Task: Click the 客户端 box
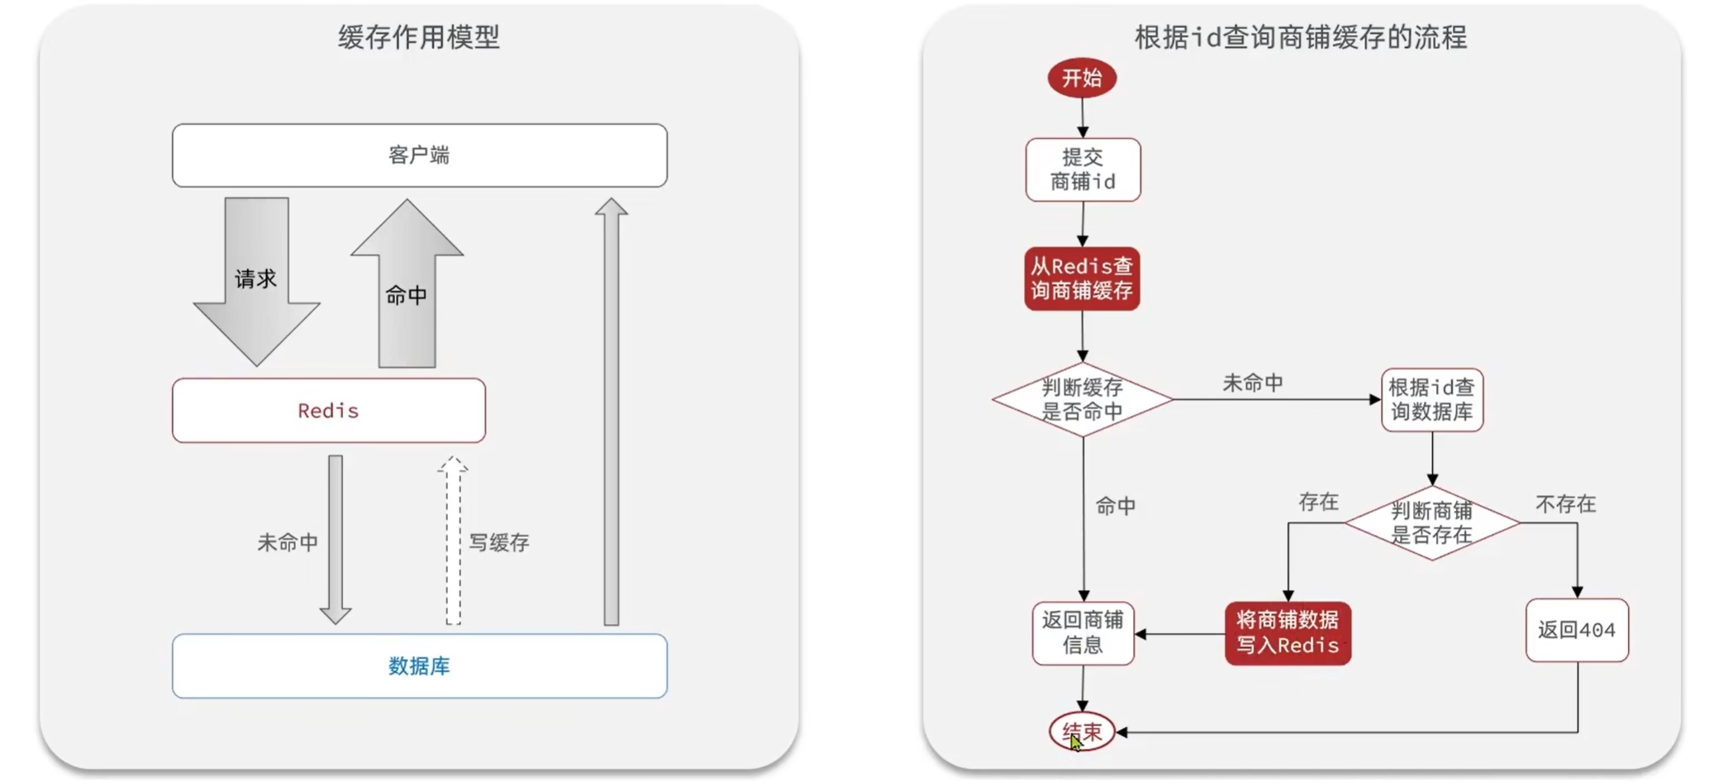click(x=419, y=155)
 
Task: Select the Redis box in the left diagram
click(x=328, y=411)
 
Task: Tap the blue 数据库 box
click(x=419, y=666)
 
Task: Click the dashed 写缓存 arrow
click(x=453, y=541)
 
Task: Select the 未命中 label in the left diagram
click(x=288, y=542)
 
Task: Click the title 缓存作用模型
click(x=419, y=37)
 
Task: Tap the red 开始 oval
click(x=1082, y=79)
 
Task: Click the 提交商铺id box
click(x=1083, y=169)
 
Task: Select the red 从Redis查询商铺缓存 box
click(x=1082, y=279)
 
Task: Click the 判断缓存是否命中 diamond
click(x=1082, y=399)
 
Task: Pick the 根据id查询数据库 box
click(x=1431, y=400)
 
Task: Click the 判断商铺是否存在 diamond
click(x=1431, y=522)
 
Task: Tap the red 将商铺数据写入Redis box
click(x=1288, y=633)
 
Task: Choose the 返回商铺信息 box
click(x=1083, y=633)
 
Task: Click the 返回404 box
click(x=1576, y=630)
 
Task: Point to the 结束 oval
click(x=1082, y=732)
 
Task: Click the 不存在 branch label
click(x=1565, y=504)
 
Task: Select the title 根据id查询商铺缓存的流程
click(x=1301, y=38)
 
